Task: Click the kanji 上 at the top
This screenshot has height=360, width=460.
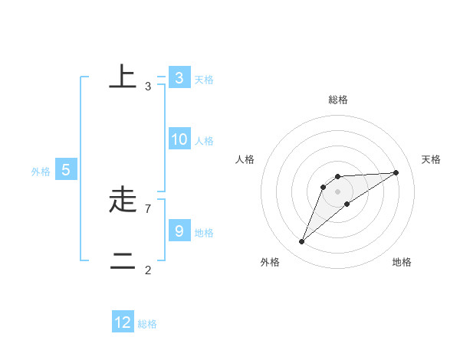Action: click(123, 77)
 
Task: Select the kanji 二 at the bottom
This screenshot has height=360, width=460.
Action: click(123, 261)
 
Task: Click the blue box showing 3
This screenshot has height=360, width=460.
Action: click(179, 77)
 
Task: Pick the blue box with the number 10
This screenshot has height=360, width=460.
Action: click(179, 139)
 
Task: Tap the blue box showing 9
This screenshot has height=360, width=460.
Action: click(179, 231)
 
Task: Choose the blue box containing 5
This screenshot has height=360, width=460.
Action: click(66, 170)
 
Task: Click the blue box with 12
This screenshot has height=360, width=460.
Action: click(123, 322)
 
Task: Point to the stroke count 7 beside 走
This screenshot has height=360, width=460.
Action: click(148, 208)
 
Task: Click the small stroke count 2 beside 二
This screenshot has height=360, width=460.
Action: click(148, 270)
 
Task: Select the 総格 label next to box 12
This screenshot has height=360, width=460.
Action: click(147, 324)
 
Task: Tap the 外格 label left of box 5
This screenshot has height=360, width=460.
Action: click(41, 172)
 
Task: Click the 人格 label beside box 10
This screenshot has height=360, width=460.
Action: click(204, 141)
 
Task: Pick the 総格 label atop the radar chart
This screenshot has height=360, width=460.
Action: click(338, 100)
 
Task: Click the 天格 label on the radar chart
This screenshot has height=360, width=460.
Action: click(432, 159)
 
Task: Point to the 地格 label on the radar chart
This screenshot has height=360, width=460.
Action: click(402, 262)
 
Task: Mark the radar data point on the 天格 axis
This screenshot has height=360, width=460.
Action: click(396, 172)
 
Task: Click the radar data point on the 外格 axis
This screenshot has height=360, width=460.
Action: click(302, 242)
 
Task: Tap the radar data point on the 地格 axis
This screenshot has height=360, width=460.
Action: click(347, 204)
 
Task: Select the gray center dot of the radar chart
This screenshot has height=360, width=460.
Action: click(338, 191)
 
